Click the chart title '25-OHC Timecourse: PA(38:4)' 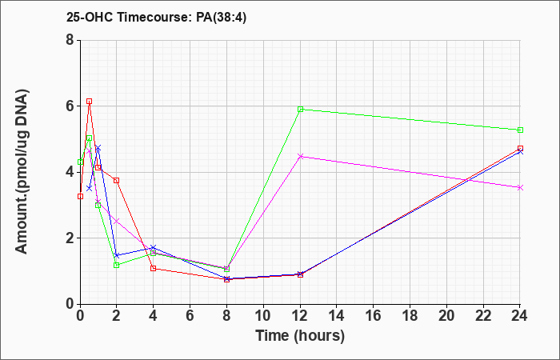pyautogui.click(x=157, y=17)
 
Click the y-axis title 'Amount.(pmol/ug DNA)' pyautogui.click(x=22, y=172)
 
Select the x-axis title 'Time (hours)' pyautogui.click(x=300, y=336)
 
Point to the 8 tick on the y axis pyautogui.click(x=70, y=40)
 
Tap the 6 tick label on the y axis pyautogui.click(x=70, y=106)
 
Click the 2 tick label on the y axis pyautogui.click(x=70, y=238)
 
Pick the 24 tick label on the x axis pyautogui.click(x=520, y=316)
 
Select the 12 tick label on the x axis pyautogui.click(x=300, y=316)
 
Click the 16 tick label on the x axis pyautogui.click(x=374, y=316)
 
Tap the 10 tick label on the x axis pyautogui.click(x=263, y=316)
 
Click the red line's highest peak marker pyautogui.click(x=90, y=102)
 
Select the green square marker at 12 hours pyautogui.click(x=300, y=110)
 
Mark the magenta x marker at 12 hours pyautogui.click(x=300, y=157)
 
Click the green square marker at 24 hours pyautogui.click(x=520, y=130)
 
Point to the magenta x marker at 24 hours pyautogui.click(x=520, y=187)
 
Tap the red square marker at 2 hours pyautogui.click(x=117, y=181)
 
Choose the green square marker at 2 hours pyautogui.click(x=117, y=266)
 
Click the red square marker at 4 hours pyautogui.click(x=154, y=269)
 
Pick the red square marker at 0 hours pyautogui.click(x=80, y=197)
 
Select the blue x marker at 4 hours pyautogui.click(x=154, y=247)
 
